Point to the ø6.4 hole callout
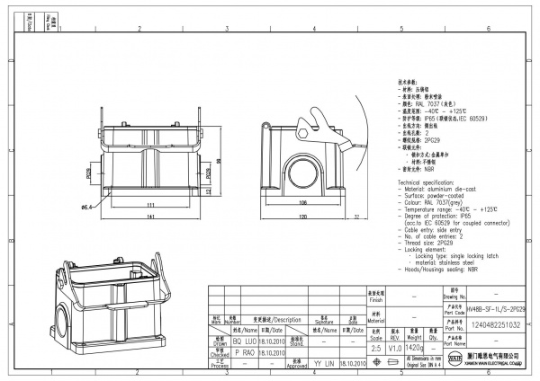tap(88, 208)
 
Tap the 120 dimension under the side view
tap(303, 217)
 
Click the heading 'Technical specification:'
tap(428, 182)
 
